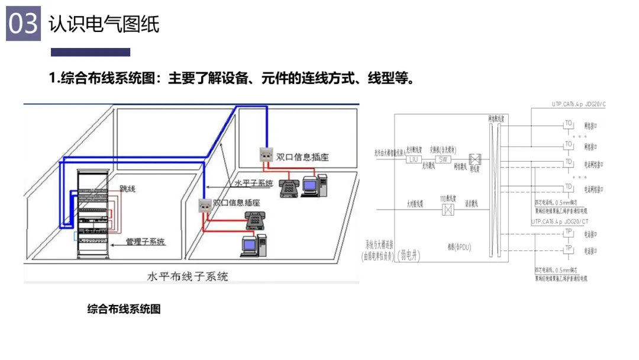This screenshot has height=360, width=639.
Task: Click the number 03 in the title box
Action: click(x=23, y=24)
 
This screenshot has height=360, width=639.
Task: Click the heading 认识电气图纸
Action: click(x=104, y=24)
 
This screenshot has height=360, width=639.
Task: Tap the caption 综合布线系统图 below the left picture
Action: click(x=124, y=308)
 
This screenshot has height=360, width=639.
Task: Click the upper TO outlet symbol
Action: click(x=568, y=124)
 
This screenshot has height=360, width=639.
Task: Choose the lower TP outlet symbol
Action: click(x=568, y=248)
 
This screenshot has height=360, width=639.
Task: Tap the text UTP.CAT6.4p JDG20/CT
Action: click(x=560, y=221)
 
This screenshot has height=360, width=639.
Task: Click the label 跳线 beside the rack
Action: click(x=127, y=189)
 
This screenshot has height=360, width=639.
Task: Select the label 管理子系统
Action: click(x=145, y=242)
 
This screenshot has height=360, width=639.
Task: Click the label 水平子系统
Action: click(x=253, y=184)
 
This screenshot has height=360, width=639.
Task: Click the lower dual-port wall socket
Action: click(x=204, y=205)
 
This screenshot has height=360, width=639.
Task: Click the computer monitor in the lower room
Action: click(x=249, y=243)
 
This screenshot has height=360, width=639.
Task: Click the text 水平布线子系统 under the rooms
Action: click(x=187, y=277)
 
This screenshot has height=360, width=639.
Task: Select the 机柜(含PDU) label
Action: click(x=463, y=246)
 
